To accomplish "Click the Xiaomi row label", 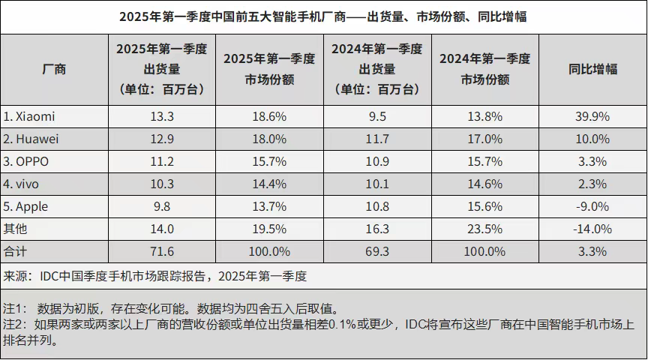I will pyautogui.click(x=30, y=117).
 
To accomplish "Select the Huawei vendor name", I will pyautogui.click(x=31, y=139).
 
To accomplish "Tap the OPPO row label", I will pyautogui.click(x=29, y=162).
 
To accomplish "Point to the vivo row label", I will pyautogui.click(x=24, y=184).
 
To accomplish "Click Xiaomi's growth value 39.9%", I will pyautogui.click(x=592, y=117).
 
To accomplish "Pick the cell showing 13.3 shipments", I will pyautogui.click(x=162, y=117).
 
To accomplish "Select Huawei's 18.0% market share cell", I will pyautogui.click(x=269, y=139).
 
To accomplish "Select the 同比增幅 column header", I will pyautogui.click(x=592, y=69).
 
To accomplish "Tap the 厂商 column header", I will pyautogui.click(x=54, y=69).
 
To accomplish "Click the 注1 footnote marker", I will pyautogui.click(x=15, y=308).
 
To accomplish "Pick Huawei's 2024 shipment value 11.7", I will pyautogui.click(x=376, y=139).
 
